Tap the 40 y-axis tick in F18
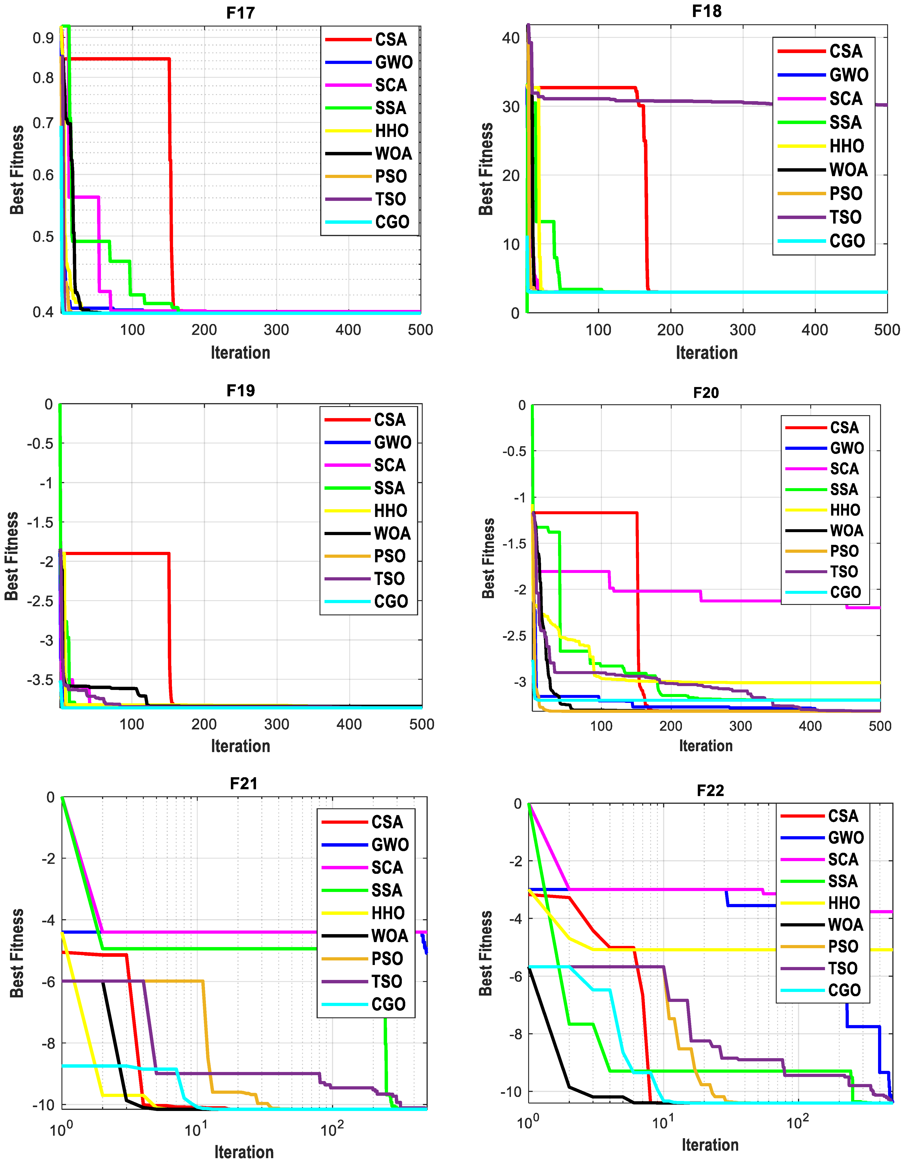click(x=511, y=38)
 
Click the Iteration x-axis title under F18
click(x=707, y=353)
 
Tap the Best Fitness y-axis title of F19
click(x=12, y=556)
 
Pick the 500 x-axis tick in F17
click(x=420, y=330)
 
